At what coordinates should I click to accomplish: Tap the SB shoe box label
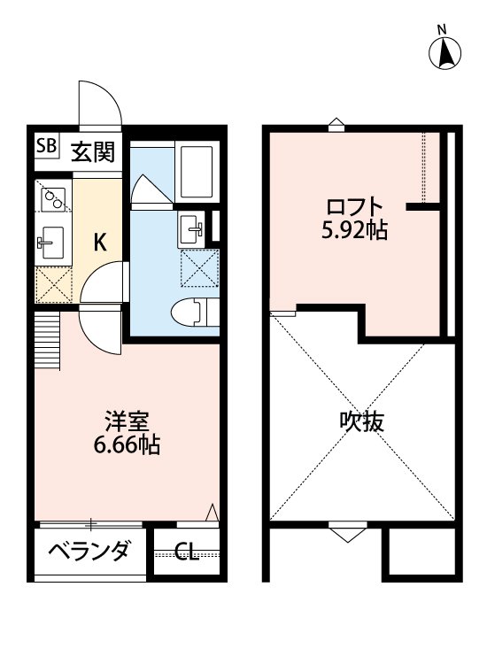(x=46, y=146)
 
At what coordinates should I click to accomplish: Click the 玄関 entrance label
(x=93, y=152)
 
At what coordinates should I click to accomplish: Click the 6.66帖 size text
(x=126, y=445)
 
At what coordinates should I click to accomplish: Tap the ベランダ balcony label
(x=88, y=552)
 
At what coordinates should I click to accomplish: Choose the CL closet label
(x=186, y=554)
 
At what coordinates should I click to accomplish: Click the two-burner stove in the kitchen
(x=52, y=197)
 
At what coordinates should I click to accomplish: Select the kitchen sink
(x=50, y=240)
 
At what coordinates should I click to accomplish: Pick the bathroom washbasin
(x=189, y=228)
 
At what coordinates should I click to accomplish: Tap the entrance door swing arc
(x=99, y=104)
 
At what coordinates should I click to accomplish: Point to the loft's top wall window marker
(x=335, y=125)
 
